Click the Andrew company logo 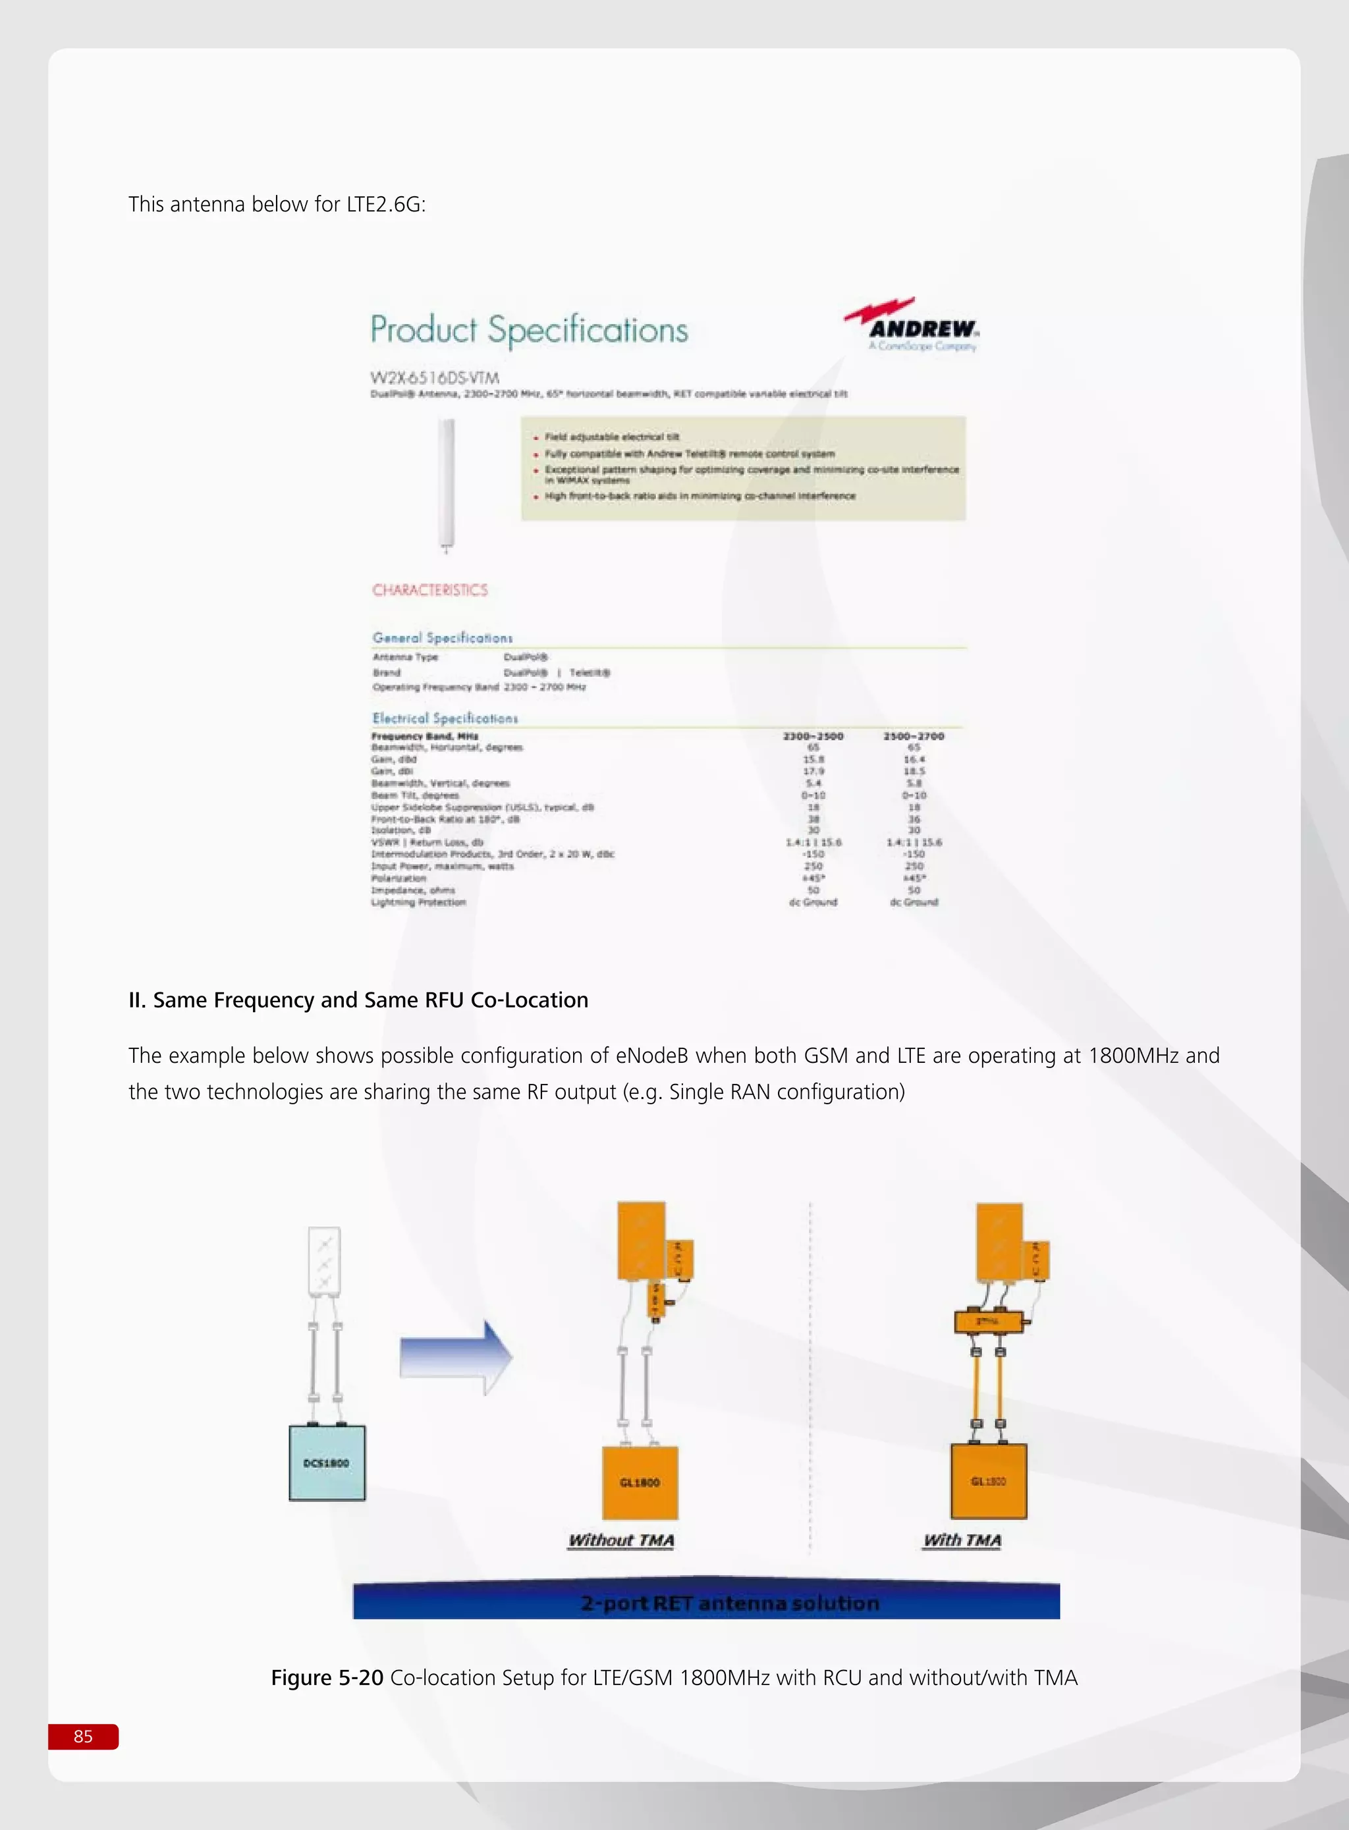913,325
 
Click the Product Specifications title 529,330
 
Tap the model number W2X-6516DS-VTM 435,377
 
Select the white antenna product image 446,483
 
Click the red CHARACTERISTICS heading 429,590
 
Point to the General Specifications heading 443,637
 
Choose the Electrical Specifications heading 445,718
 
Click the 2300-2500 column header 813,736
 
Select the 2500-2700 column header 913,736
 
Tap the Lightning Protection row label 418,902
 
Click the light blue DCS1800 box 327,1463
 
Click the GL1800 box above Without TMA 640,1482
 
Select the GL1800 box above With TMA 988,1480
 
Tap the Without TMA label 620,1540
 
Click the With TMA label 962,1540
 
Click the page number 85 83,1736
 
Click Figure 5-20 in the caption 327,1677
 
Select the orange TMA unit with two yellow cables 987,1322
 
